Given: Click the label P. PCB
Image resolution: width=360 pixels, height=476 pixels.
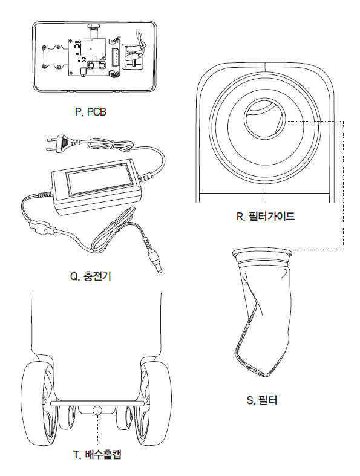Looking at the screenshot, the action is [x=91, y=112].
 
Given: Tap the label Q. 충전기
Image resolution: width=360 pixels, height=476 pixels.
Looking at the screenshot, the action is [x=91, y=276].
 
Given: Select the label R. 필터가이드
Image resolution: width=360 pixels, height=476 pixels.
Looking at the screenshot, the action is [x=266, y=216].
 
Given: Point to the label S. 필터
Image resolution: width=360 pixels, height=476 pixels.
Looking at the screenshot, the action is [x=262, y=400].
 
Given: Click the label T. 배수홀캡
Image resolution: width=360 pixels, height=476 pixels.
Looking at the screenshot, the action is [x=97, y=455].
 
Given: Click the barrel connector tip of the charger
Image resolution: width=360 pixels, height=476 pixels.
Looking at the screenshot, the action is [x=155, y=262].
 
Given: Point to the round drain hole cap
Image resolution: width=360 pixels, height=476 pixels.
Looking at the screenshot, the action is [x=97, y=410].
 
